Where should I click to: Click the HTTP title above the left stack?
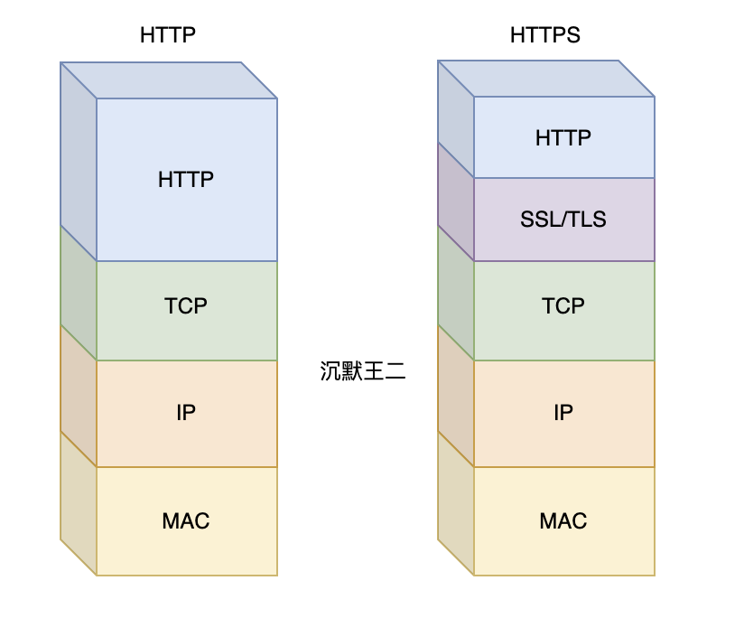(x=168, y=35)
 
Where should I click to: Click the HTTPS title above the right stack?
(x=544, y=35)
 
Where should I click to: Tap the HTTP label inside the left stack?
(x=186, y=179)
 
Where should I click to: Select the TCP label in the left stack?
(x=186, y=305)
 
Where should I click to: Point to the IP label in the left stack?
(x=186, y=413)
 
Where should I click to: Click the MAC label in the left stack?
(x=186, y=520)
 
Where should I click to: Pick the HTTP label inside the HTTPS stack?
(x=563, y=137)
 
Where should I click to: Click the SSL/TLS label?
(x=563, y=219)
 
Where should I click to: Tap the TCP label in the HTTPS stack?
(x=563, y=305)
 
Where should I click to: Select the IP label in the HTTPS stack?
(x=563, y=413)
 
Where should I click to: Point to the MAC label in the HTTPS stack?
(x=563, y=520)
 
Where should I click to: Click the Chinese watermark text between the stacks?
(x=363, y=371)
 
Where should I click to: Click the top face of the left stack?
(x=169, y=80)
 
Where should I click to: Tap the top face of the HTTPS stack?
(x=546, y=79)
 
